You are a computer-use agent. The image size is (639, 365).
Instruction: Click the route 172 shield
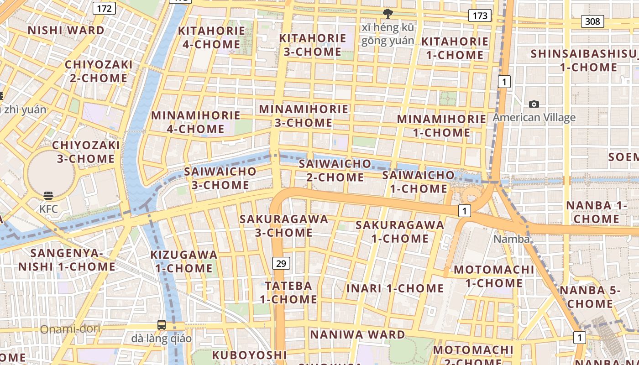(104, 8)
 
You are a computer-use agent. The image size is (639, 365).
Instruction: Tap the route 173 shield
(480, 16)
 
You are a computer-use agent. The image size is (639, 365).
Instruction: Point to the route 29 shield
(281, 263)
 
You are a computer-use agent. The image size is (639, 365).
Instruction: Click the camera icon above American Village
(534, 104)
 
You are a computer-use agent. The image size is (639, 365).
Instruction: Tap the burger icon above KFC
(48, 196)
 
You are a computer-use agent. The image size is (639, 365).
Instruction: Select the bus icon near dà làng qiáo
(162, 325)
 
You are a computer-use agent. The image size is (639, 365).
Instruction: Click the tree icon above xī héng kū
(388, 14)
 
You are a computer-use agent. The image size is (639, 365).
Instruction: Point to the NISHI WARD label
(66, 31)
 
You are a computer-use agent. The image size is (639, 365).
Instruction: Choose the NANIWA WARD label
(357, 335)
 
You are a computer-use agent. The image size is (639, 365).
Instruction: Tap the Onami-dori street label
(70, 329)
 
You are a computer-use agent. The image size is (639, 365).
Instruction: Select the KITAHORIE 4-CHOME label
(211, 37)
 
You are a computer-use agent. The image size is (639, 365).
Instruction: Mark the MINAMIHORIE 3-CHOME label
(304, 116)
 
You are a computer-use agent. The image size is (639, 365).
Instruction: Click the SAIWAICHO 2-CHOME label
(335, 170)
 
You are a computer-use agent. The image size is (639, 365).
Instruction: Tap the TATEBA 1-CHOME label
(288, 292)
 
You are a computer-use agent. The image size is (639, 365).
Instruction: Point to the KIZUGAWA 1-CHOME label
(184, 261)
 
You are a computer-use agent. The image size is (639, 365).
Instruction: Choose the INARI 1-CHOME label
(395, 288)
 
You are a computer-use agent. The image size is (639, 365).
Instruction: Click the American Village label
(534, 118)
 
